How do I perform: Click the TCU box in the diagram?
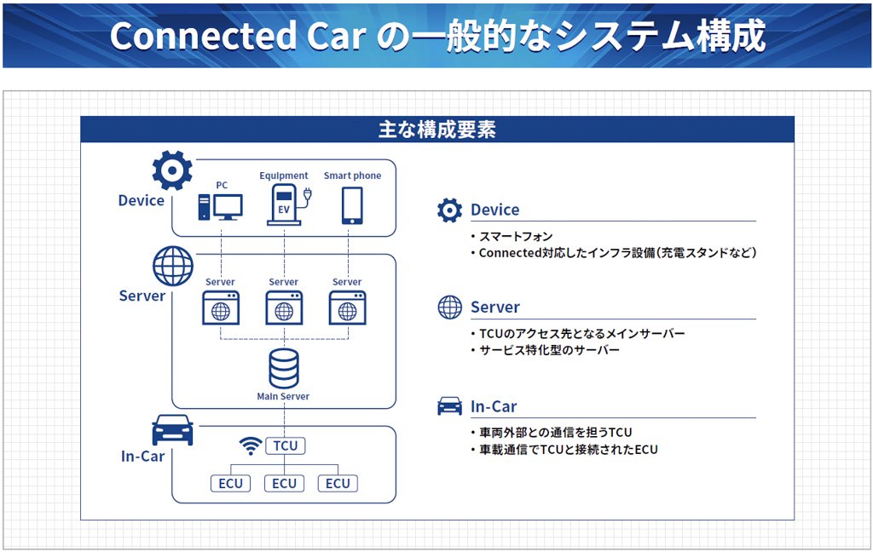pos(285,446)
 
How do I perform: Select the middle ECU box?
pos(285,483)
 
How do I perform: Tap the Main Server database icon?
pos(284,368)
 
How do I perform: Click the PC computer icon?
pos(220,207)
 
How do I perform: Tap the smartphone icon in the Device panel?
pos(352,205)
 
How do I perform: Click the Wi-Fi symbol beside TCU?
pos(250,446)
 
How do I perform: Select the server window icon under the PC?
pos(221,308)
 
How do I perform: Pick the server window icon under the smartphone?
pos(347,308)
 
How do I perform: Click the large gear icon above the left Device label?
pos(172,170)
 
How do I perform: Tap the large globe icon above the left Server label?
pos(173,266)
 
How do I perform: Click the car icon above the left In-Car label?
pos(172,430)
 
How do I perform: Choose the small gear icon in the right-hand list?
pos(449,210)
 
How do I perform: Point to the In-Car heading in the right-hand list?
pos(494,406)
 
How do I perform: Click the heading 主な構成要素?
pos(436,129)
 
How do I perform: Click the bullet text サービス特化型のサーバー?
pos(549,350)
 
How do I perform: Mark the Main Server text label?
pos(283,396)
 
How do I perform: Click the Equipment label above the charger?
pos(284,175)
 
